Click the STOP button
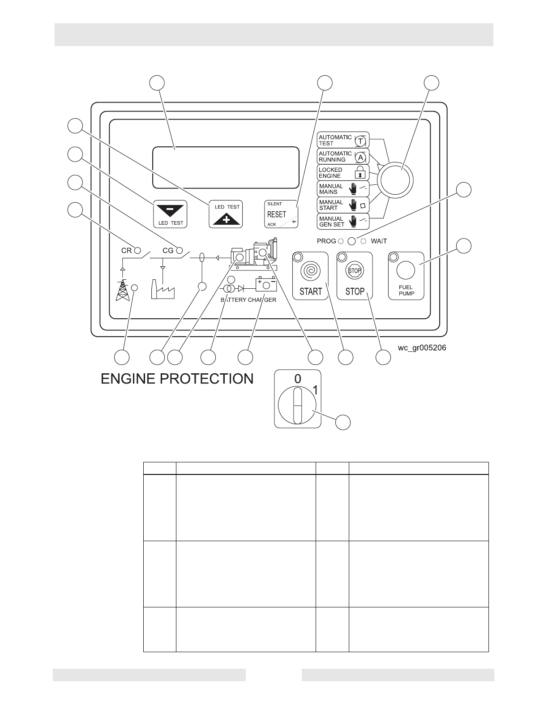coord(355,276)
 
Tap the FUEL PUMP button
coord(406,276)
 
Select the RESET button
coord(281,214)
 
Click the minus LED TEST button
coord(170,214)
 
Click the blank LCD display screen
coord(226,167)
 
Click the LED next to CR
coord(138,250)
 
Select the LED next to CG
coord(180,250)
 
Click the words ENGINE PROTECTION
coord(177,379)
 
